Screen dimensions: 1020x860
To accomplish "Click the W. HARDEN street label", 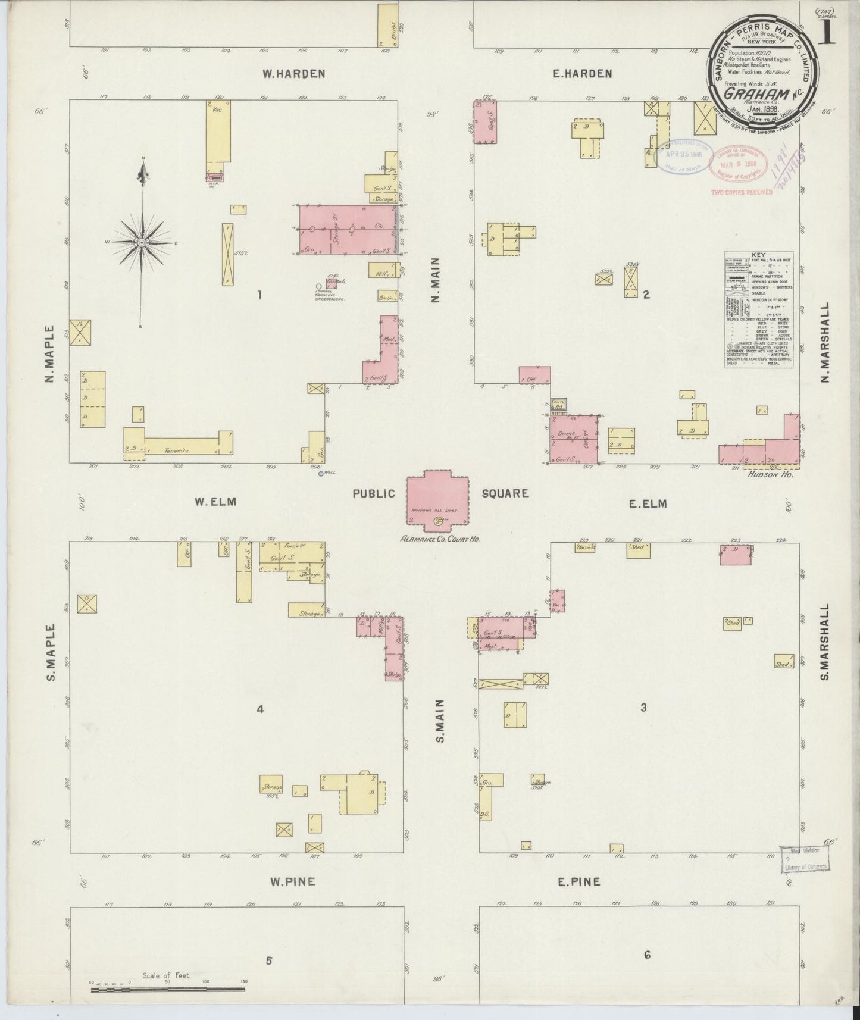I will tap(294, 74).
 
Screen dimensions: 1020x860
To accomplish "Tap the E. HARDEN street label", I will tap(581, 74).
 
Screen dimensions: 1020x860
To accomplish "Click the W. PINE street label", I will tap(292, 882).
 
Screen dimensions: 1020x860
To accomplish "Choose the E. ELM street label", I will tap(648, 504).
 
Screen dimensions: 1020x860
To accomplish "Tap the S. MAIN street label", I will tap(441, 721).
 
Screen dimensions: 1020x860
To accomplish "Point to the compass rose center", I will tap(142, 243).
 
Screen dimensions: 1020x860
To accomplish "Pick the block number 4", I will tap(259, 708).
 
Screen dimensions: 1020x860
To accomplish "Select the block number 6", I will tap(647, 955).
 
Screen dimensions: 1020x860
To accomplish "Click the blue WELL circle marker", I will tap(321, 474).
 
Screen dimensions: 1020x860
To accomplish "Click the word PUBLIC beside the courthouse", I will tap(374, 493).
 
